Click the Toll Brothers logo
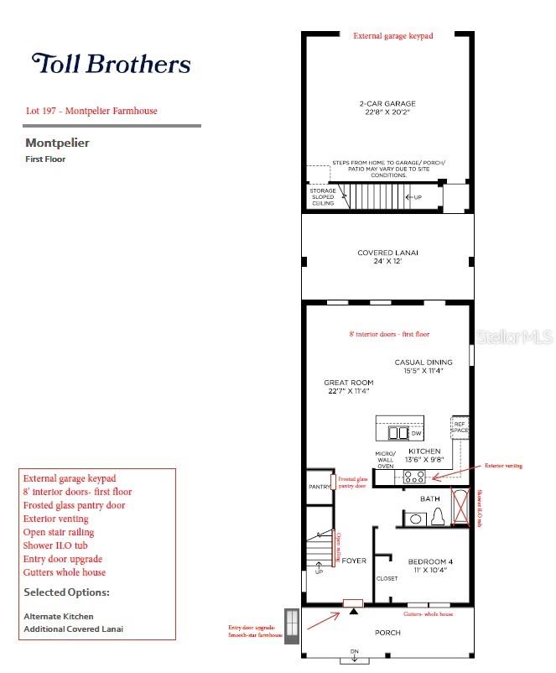pos(111,64)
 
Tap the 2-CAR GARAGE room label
pos(387,108)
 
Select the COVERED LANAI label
pos(387,257)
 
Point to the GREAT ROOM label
pos(349,387)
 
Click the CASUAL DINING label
pos(423,366)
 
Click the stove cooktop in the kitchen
pos(414,477)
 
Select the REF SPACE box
pos(460,426)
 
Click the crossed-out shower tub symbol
pos(461,507)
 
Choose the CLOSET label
pos(387,578)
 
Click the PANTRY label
pos(319,486)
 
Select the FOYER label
pos(354,561)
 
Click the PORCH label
pos(387,632)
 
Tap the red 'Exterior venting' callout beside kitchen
pos(503,464)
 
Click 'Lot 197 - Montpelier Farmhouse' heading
pos(91,111)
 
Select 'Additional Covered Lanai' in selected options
pos(73,629)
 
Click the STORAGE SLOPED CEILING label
pos(323,197)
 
